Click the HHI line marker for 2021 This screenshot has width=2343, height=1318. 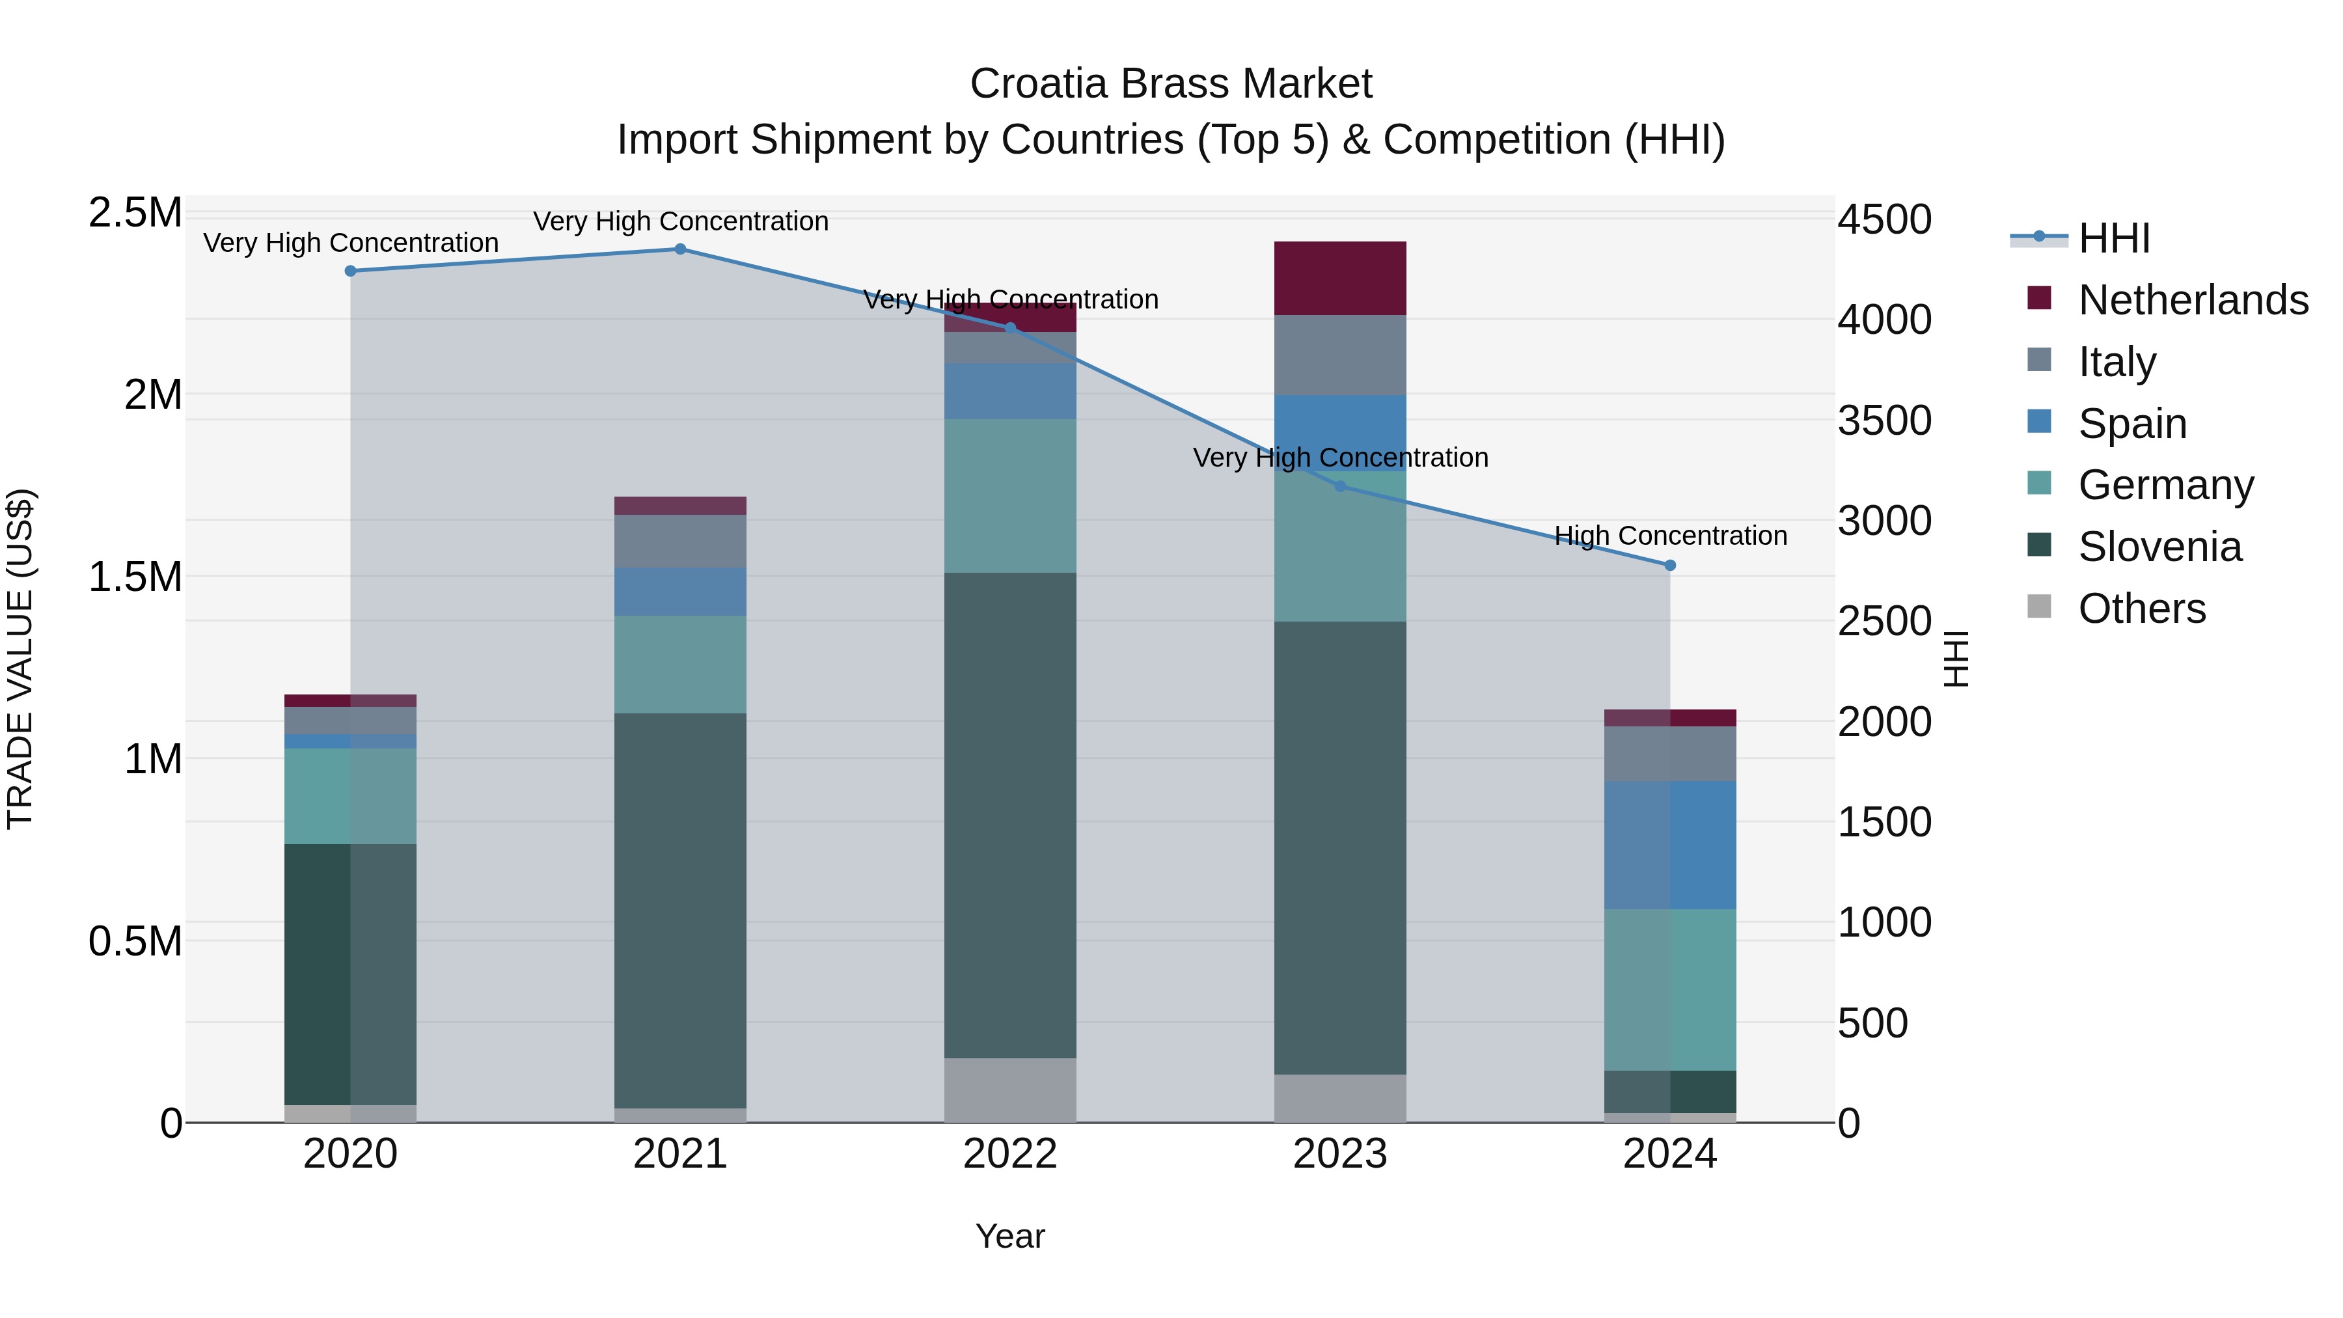[679, 249]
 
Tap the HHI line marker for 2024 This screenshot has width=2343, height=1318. [1670, 566]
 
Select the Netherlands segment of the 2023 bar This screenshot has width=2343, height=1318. [1340, 279]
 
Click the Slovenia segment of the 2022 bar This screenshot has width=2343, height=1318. [1009, 814]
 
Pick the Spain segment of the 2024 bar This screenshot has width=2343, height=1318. [1670, 845]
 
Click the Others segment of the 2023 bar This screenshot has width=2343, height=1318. [1340, 1098]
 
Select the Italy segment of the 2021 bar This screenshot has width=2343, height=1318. [679, 542]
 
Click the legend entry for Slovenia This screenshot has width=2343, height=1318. [2159, 547]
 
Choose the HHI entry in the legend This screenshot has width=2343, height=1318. [2114, 238]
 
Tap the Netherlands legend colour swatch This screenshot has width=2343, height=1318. [2039, 298]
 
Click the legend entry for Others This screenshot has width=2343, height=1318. [2141, 609]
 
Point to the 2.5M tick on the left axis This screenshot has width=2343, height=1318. [135, 213]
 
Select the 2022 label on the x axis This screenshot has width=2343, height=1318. [1009, 1154]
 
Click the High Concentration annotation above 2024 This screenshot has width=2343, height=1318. [1670, 536]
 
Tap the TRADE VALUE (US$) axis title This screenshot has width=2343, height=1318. [20, 659]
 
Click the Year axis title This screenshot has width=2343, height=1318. [1009, 1236]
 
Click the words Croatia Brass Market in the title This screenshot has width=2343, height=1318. [1171, 84]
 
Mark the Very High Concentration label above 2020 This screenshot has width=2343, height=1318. [350, 243]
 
